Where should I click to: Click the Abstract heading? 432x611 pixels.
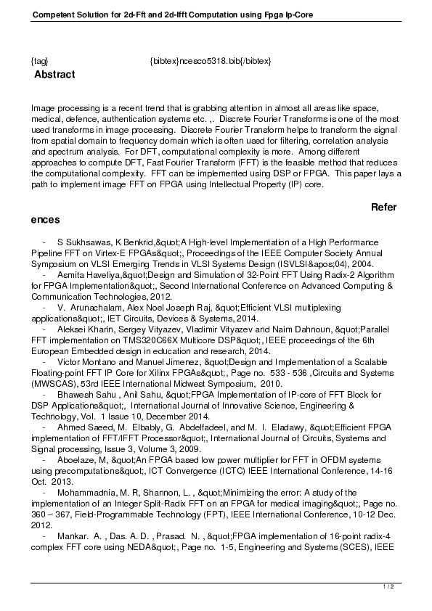pyautogui.click(x=54, y=75)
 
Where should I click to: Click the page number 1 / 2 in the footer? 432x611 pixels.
pyautogui.click(x=388, y=586)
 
